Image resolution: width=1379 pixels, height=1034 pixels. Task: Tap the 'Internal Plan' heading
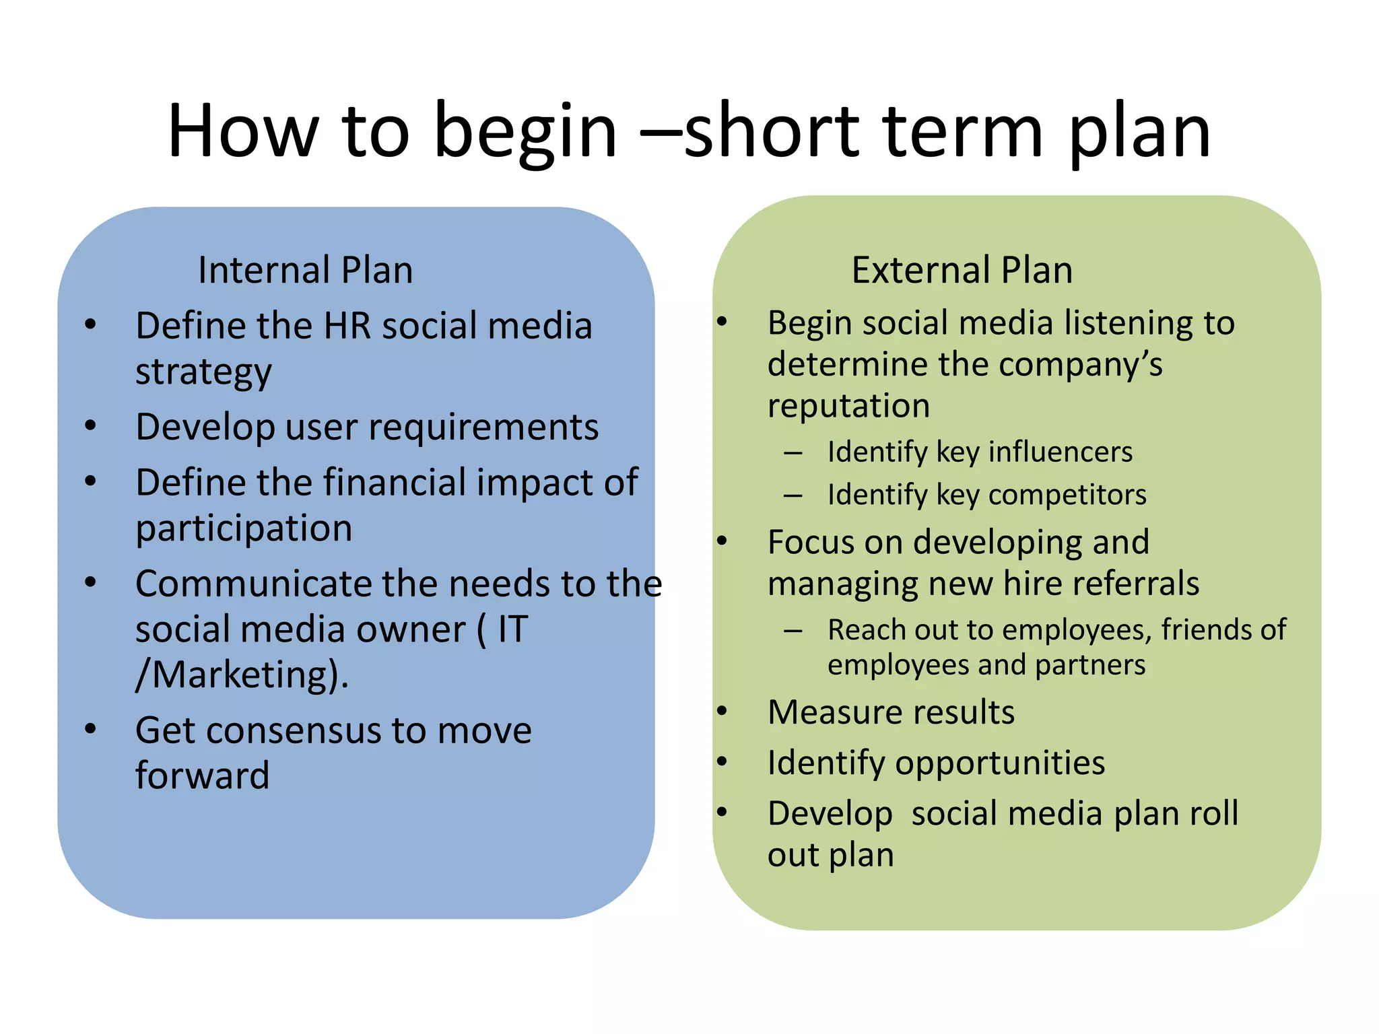point(305,271)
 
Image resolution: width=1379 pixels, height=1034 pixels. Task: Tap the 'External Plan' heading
point(962,271)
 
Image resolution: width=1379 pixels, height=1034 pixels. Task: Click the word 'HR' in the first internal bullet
point(347,326)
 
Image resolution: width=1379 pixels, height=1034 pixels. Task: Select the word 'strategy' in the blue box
point(203,372)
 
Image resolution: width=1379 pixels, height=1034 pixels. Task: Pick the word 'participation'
point(244,528)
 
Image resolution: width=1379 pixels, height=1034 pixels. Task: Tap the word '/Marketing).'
point(242,675)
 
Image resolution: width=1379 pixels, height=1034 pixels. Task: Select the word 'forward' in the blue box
point(202,775)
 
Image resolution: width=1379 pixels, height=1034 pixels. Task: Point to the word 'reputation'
point(848,406)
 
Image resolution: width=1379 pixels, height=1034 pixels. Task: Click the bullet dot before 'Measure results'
point(722,711)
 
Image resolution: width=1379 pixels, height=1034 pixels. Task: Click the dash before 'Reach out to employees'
point(793,631)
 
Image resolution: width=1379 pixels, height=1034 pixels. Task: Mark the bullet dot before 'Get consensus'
point(91,728)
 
